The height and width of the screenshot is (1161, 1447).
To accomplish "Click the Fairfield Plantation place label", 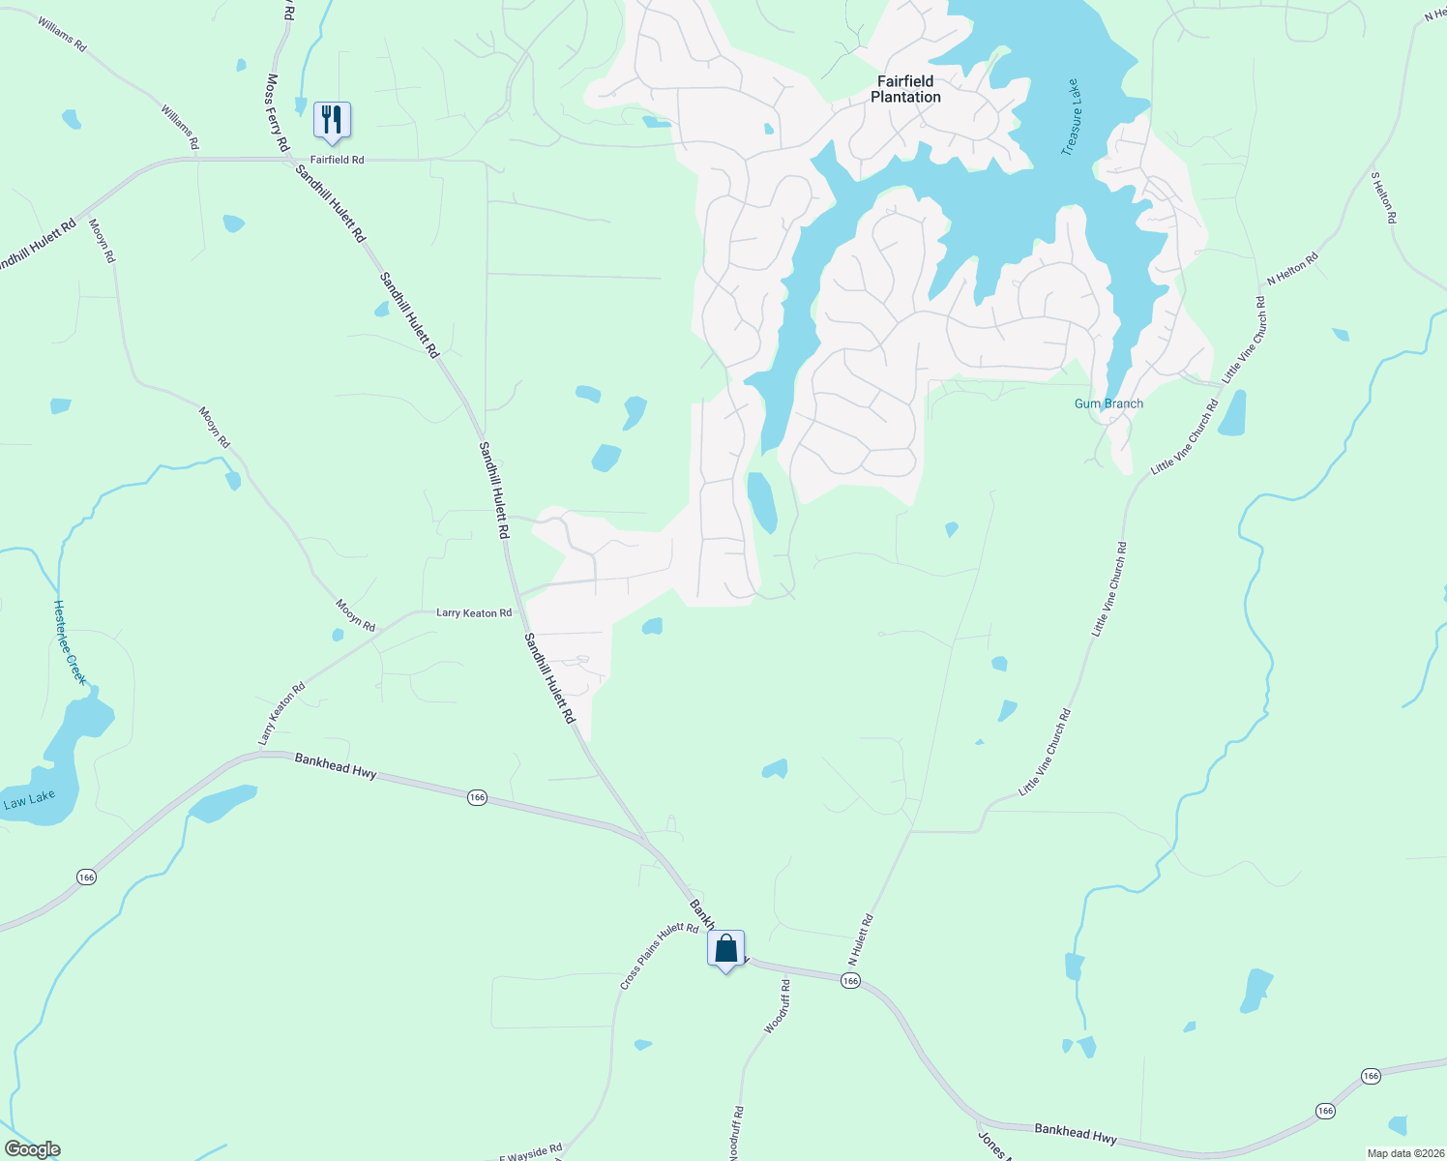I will click(905, 89).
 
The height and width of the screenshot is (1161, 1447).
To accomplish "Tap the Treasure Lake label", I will click(1071, 117).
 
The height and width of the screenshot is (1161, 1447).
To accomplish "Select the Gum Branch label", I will click(1108, 403).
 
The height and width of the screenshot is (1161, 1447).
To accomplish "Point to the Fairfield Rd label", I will click(337, 160).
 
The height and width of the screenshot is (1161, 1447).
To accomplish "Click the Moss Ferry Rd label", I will click(278, 112).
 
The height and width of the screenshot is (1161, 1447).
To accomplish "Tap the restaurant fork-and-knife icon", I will click(332, 120).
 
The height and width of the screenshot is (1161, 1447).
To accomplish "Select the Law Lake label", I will click(29, 799).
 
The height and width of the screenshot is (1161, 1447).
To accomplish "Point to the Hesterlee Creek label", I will click(70, 642).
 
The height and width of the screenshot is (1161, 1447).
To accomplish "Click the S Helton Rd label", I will click(1383, 198).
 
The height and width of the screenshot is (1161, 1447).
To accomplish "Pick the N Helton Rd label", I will click(1292, 269).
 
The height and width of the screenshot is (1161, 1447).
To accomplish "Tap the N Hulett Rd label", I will click(861, 938).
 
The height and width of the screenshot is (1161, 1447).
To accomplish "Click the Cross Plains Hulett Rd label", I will click(659, 956).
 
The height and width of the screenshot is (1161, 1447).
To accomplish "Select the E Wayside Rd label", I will click(530, 1152).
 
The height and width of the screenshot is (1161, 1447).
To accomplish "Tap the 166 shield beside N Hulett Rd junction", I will click(850, 981).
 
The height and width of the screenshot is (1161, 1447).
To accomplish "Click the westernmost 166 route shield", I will click(86, 877).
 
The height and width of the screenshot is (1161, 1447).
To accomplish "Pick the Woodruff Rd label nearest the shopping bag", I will click(778, 1006).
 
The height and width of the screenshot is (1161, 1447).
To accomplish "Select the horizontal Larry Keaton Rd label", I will click(474, 612).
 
